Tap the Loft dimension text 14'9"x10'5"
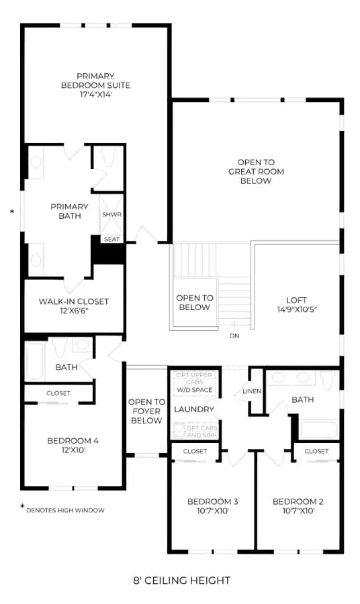tap(297, 309)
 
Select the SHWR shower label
tap(111, 214)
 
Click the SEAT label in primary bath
tap(111, 239)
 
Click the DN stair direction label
tap(234, 336)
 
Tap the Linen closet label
tap(252, 391)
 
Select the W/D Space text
tap(195, 390)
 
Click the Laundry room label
tap(194, 409)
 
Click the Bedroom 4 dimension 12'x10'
tap(73, 450)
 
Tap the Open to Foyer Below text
tap(146, 411)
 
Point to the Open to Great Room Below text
tap(256, 171)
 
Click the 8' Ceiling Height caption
tap(181, 580)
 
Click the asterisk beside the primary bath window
tap(12, 211)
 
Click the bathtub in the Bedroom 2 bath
tap(319, 430)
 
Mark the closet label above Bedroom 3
tap(195, 451)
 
